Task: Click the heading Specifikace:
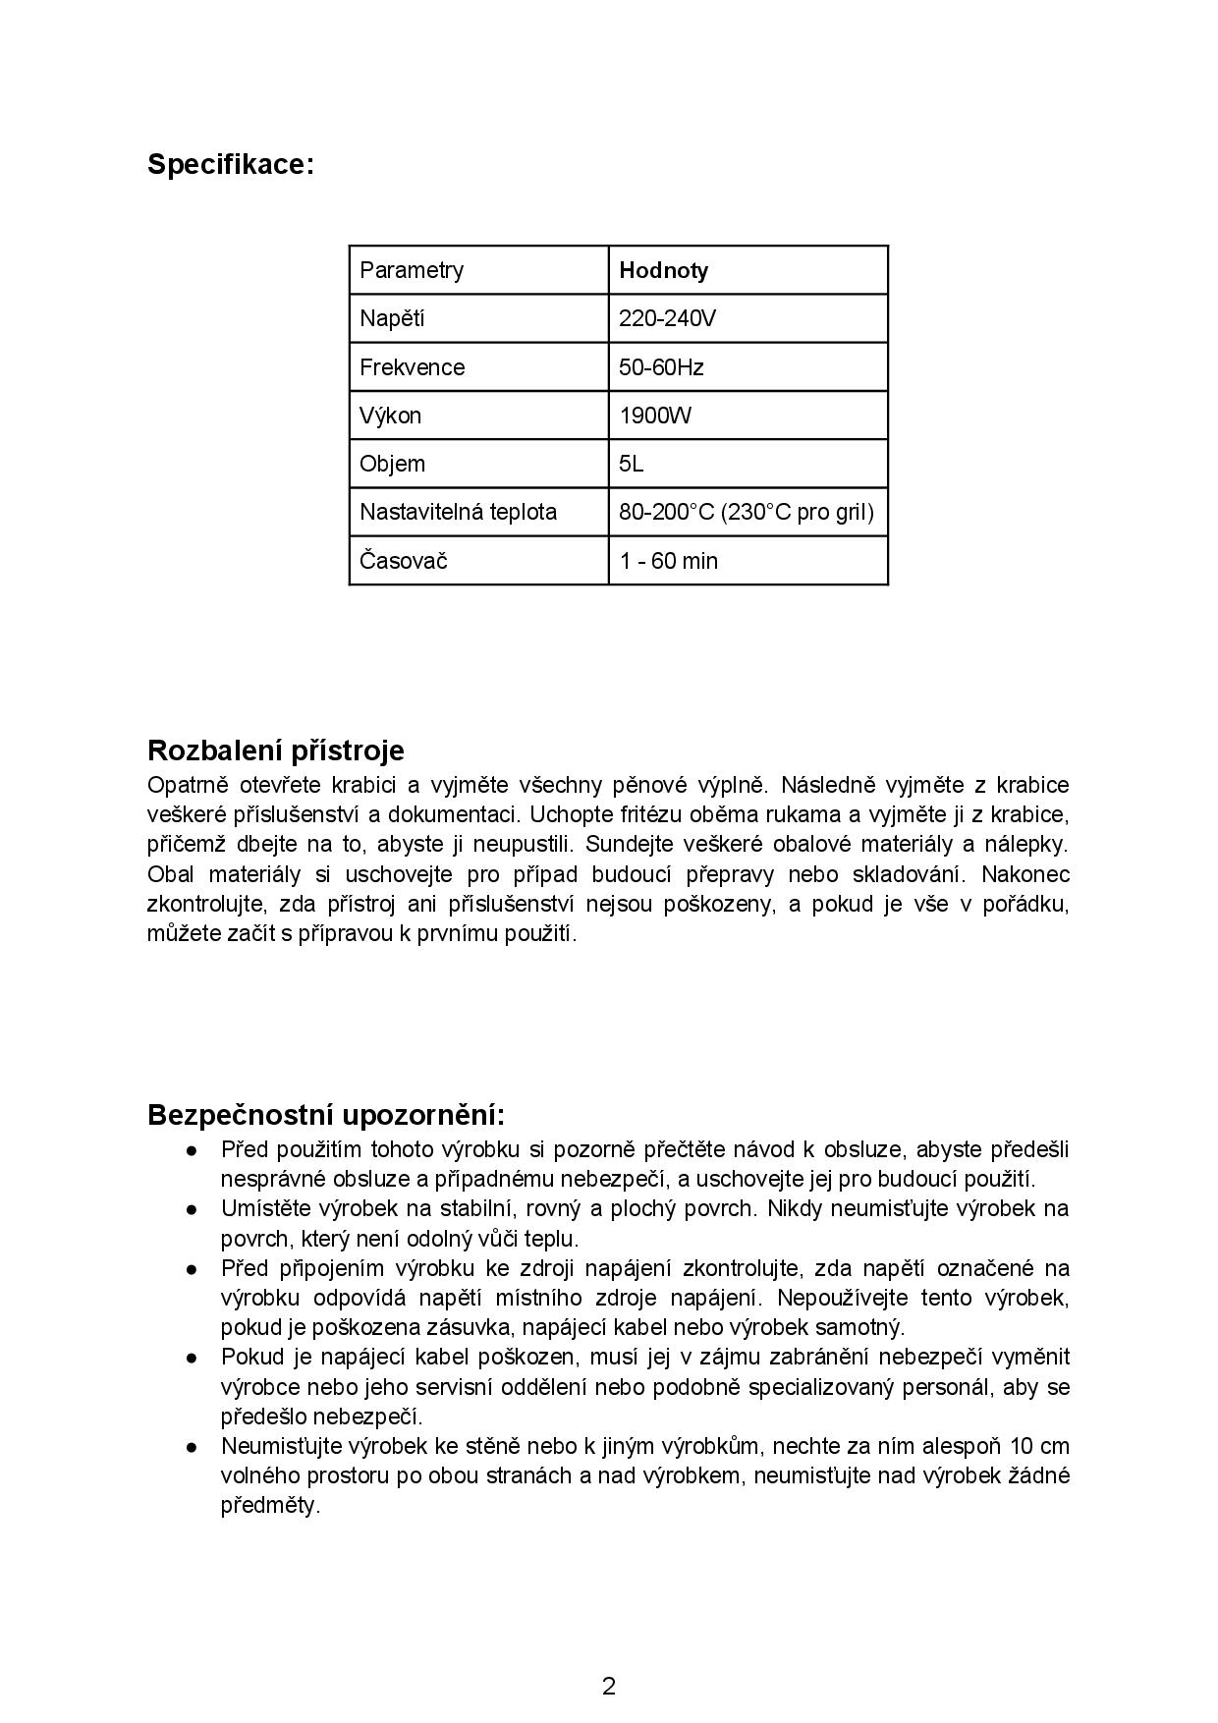230,164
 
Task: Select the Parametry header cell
412,270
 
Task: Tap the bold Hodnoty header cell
663,270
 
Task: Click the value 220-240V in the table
667,318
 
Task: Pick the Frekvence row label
412,367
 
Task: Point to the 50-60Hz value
661,367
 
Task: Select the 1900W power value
655,416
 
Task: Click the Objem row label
392,464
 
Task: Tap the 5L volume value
632,464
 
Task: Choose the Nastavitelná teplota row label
458,512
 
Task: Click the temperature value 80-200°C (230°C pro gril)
746,512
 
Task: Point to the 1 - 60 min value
668,561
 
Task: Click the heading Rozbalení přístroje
275,750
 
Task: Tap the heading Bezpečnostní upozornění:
326,1115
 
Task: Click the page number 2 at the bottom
609,1687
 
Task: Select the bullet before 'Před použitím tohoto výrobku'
194,1150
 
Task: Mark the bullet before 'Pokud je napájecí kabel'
194,1358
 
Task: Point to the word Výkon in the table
390,416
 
